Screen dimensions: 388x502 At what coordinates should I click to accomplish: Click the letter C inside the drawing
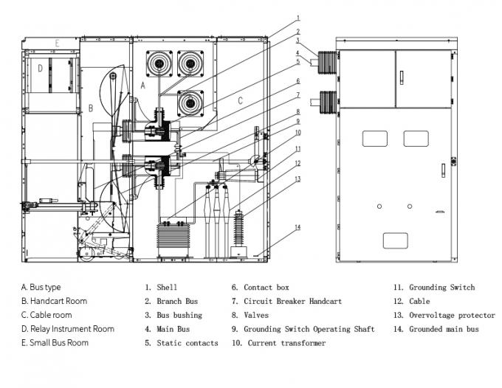[x=239, y=100]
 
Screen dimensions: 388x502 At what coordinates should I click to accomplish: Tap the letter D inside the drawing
[x=40, y=69]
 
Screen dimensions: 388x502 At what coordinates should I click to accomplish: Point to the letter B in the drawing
[x=91, y=108]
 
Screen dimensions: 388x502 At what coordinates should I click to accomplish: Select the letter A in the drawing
[x=143, y=86]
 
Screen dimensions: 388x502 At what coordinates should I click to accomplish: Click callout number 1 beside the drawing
[x=298, y=17]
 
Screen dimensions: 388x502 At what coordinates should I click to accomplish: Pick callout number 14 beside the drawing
[x=298, y=227]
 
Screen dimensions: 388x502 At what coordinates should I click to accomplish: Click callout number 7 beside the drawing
[x=298, y=95]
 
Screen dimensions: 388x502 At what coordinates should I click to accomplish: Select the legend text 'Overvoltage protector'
[x=452, y=315]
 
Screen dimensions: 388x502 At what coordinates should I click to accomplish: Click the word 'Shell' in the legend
[x=167, y=287]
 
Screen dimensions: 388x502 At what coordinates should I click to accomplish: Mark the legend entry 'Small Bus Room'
[x=59, y=343]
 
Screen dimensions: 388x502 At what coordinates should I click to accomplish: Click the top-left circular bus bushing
[x=158, y=64]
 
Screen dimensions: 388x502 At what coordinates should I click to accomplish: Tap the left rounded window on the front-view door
[x=375, y=138]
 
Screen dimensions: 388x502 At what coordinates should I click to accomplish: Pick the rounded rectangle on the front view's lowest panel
[x=395, y=240]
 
